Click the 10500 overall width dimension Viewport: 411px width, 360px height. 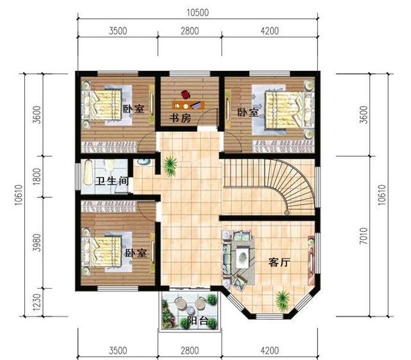point(199,12)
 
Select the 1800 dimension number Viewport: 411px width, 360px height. point(37,175)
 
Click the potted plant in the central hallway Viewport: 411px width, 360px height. point(170,165)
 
